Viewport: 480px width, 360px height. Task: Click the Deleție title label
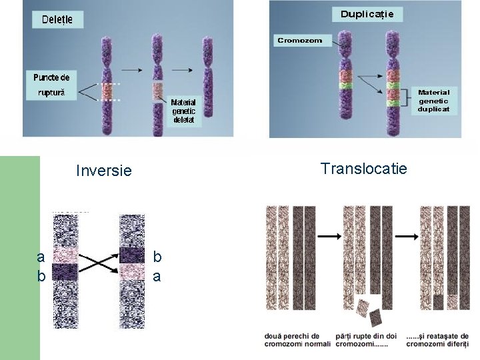[57, 19]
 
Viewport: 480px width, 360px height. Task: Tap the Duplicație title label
[367, 14]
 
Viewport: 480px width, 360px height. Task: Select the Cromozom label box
[299, 40]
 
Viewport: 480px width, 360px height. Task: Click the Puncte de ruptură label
[51, 85]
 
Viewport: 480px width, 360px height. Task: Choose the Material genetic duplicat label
[433, 100]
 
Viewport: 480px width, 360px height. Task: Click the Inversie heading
[104, 171]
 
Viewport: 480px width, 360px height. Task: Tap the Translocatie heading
[363, 169]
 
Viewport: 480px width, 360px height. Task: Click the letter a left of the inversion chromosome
[41, 258]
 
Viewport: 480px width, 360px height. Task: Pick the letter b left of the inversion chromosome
[41, 275]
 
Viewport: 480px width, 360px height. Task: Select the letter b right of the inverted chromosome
[157, 256]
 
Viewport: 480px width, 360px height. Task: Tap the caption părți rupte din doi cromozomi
[367, 340]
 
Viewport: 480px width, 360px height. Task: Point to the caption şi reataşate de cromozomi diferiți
[437, 340]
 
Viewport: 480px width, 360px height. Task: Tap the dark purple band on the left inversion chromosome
[65, 271]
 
